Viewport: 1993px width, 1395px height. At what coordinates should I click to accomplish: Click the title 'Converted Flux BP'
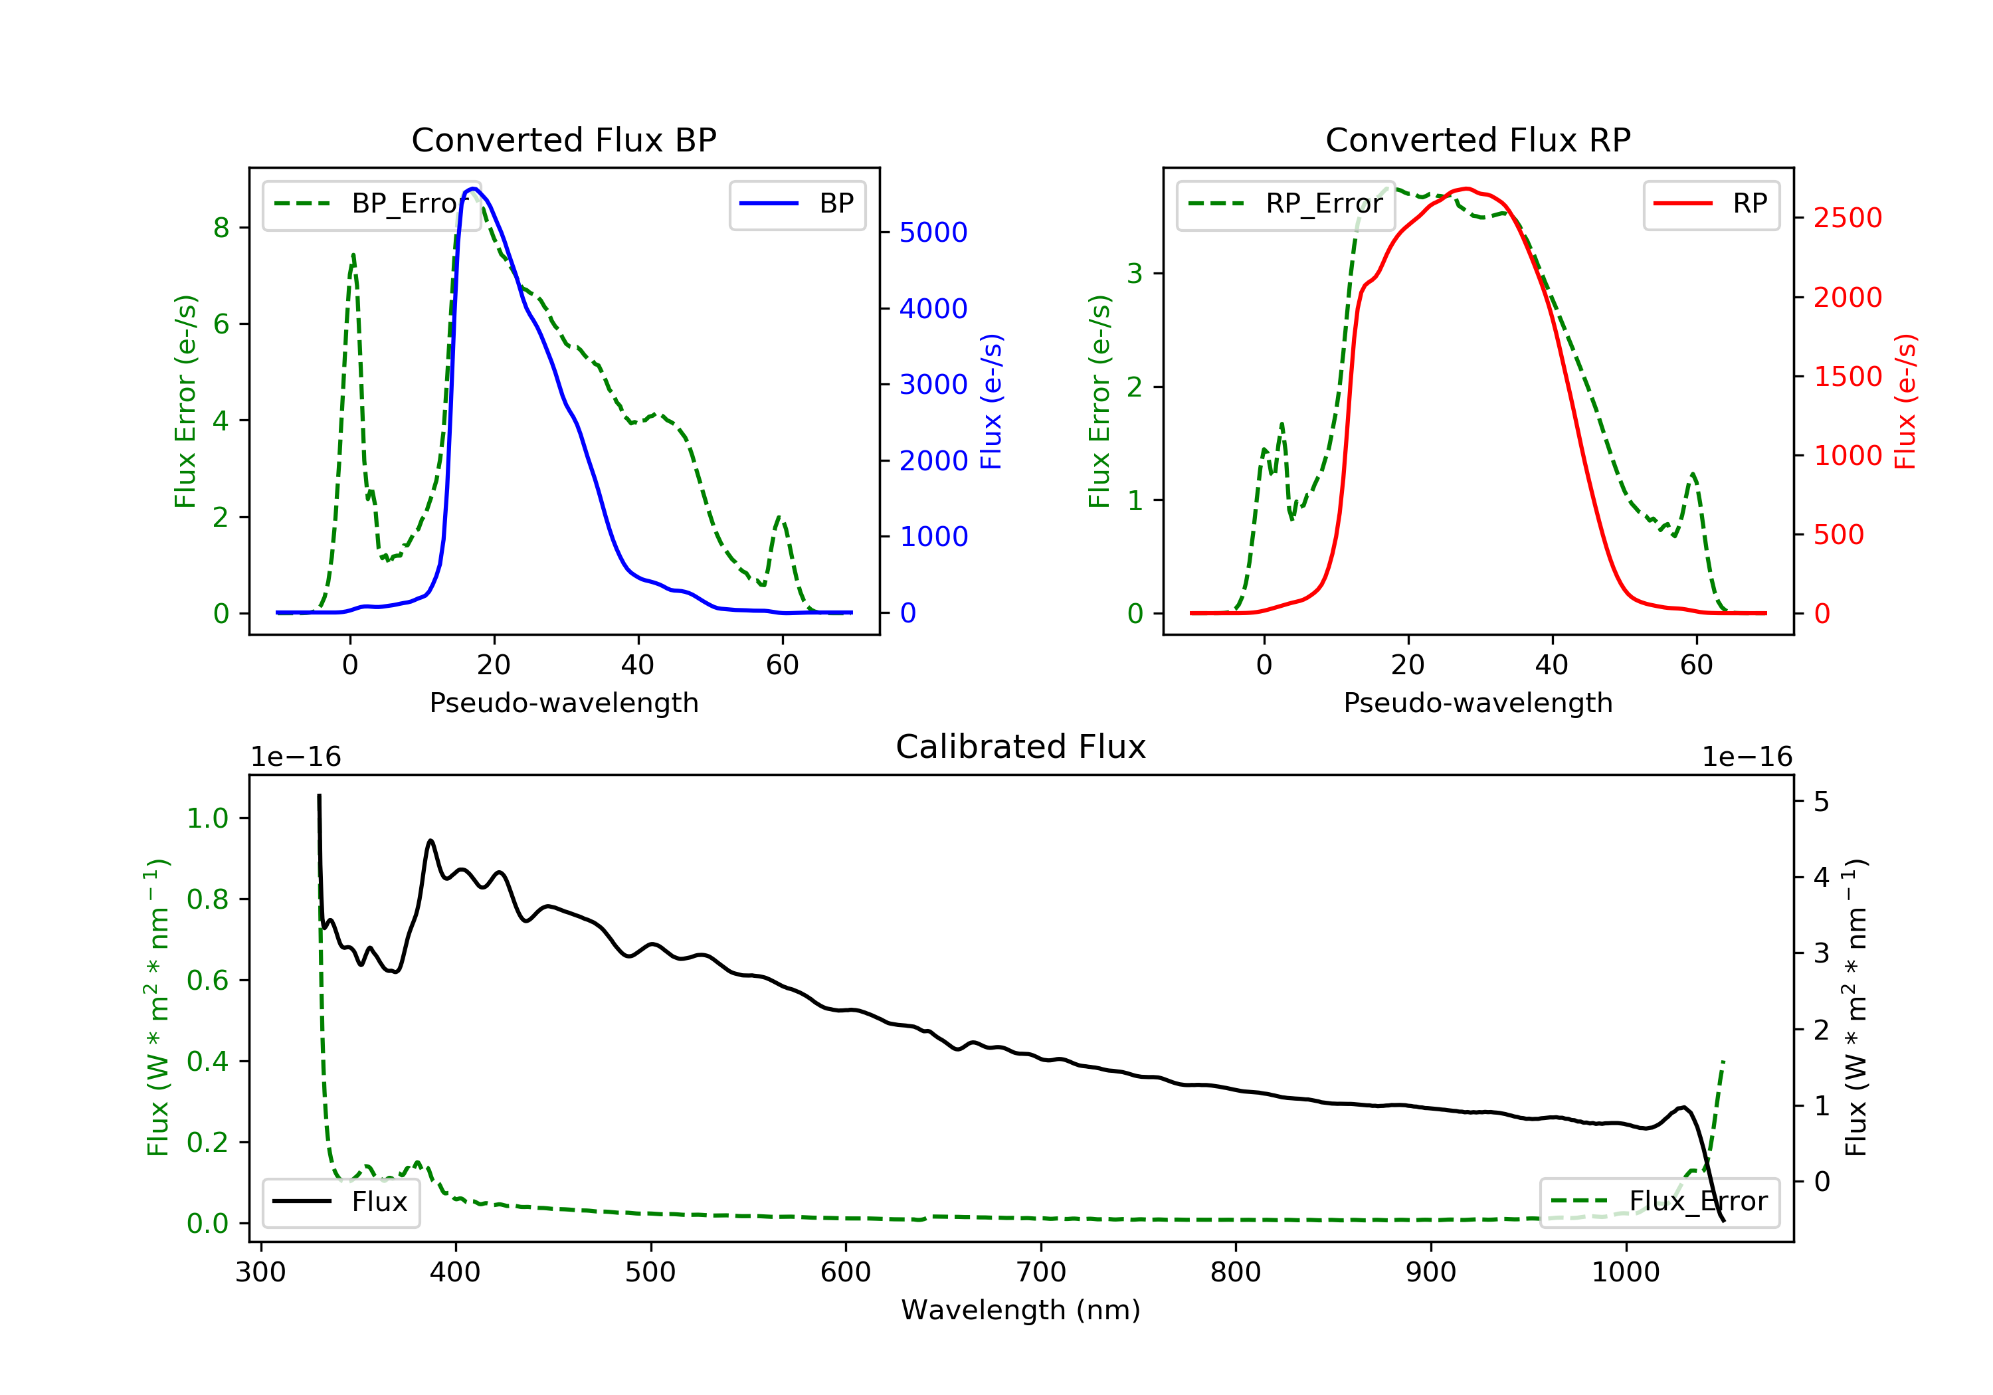(564, 139)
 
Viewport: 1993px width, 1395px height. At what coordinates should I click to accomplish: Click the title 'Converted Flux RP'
(1478, 139)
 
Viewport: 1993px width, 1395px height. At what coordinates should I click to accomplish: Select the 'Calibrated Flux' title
(1021, 747)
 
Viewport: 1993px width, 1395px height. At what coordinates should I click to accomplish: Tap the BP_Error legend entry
(371, 204)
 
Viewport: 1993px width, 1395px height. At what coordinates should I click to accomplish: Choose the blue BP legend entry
(797, 204)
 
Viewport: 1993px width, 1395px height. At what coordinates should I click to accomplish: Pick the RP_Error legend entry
(1285, 204)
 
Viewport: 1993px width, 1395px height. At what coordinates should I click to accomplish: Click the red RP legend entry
(1711, 204)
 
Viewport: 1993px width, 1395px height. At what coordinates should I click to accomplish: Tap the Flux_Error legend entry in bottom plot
(1659, 1202)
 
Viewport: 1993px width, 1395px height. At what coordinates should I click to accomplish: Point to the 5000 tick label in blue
(933, 232)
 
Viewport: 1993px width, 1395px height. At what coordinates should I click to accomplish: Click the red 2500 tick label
(1848, 218)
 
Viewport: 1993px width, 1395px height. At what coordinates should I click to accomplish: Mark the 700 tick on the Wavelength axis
(1041, 1273)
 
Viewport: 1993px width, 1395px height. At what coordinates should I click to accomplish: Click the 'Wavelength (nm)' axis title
(1021, 1310)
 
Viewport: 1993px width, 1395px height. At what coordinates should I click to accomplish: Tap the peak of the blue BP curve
(473, 189)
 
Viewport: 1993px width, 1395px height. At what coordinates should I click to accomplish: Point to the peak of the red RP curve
(1466, 189)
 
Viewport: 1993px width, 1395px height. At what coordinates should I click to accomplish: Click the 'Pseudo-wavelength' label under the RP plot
(1478, 702)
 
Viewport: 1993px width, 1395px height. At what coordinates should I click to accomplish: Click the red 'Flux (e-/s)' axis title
(1905, 401)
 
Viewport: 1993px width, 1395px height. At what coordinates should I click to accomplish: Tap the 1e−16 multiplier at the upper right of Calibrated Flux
(1747, 757)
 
